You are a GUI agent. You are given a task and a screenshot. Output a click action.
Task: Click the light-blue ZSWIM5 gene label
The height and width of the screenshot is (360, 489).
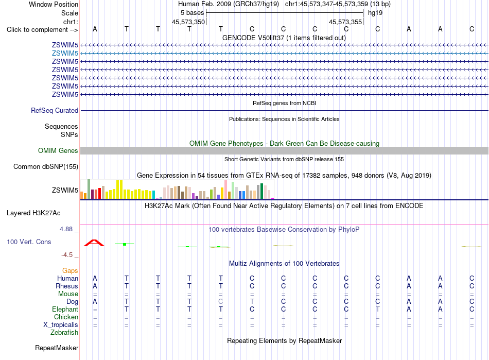(x=65, y=54)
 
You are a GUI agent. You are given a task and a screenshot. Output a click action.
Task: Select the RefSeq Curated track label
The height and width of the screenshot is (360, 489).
(x=55, y=110)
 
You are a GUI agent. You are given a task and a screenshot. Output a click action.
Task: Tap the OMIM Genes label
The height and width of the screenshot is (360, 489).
(x=58, y=151)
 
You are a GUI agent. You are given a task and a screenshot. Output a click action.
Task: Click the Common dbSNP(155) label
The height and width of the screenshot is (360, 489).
(x=46, y=166)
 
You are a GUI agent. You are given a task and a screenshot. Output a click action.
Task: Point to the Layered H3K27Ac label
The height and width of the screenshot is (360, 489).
(x=33, y=213)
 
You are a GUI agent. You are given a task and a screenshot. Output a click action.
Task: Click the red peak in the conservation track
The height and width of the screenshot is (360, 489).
(x=94, y=243)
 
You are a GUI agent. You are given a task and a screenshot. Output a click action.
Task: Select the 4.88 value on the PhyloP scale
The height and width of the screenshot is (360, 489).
(x=66, y=229)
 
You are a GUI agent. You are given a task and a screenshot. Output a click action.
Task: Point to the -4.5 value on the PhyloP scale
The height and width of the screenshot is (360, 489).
(x=67, y=255)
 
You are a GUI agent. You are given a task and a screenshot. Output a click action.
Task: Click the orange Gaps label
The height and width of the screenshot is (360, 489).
(x=70, y=270)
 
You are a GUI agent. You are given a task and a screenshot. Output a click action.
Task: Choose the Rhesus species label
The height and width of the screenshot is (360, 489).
(x=67, y=286)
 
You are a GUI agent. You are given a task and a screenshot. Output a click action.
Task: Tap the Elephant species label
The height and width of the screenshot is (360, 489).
(x=65, y=309)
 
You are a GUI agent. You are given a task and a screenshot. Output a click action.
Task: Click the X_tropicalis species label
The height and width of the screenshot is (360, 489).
(x=61, y=325)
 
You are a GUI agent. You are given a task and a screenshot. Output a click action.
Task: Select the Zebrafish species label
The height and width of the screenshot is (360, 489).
(x=64, y=333)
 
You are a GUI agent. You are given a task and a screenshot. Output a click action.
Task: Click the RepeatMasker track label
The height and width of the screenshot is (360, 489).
(x=57, y=348)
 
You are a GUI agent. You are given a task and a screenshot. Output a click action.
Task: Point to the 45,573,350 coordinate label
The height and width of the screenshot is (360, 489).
(x=188, y=22)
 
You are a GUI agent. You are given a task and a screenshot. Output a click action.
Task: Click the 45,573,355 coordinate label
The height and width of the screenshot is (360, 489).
(x=345, y=22)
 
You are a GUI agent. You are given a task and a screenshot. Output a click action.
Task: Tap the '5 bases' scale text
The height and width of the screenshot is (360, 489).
(x=192, y=13)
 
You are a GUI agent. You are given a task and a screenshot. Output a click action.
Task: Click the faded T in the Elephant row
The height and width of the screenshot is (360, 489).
(x=378, y=309)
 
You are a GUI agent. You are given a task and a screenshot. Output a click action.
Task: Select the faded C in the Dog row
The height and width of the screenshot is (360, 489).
(x=221, y=301)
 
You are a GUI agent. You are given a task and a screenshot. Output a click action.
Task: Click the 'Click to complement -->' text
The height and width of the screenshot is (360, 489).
(x=42, y=30)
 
